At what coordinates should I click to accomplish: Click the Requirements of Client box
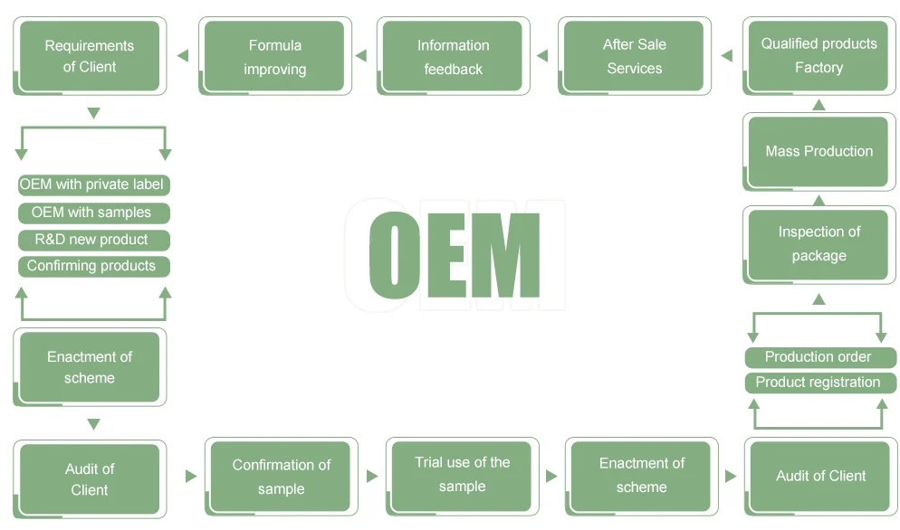pyautogui.click(x=90, y=56)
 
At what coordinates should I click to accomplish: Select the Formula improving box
pyautogui.click(x=274, y=56)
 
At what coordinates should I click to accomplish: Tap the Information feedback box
pyautogui.click(x=453, y=56)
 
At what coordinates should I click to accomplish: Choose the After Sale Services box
pyautogui.click(x=634, y=56)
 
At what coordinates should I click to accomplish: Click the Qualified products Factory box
pyautogui.click(x=819, y=56)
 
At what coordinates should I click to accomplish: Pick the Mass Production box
pyautogui.click(x=819, y=151)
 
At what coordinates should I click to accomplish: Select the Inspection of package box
pyautogui.click(x=819, y=244)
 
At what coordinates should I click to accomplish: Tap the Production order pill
pyautogui.click(x=819, y=357)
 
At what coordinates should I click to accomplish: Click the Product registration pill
pyautogui.click(x=819, y=383)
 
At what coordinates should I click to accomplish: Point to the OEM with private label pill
pyautogui.click(x=92, y=185)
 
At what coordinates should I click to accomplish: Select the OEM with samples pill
pyautogui.click(x=92, y=213)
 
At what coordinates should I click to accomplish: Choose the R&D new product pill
pyautogui.click(x=92, y=240)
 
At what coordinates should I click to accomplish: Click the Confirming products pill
pyautogui.click(x=92, y=266)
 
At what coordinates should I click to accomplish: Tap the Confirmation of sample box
pyautogui.click(x=281, y=477)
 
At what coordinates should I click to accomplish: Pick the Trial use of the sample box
pyautogui.click(x=462, y=475)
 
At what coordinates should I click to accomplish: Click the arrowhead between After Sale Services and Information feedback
pyautogui.click(x=541, y=56)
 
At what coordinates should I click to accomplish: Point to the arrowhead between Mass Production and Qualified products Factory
pyautogui.click(x=819, y=105)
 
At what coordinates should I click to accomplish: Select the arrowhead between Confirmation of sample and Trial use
pyautogui.click(x=372, y=476)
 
